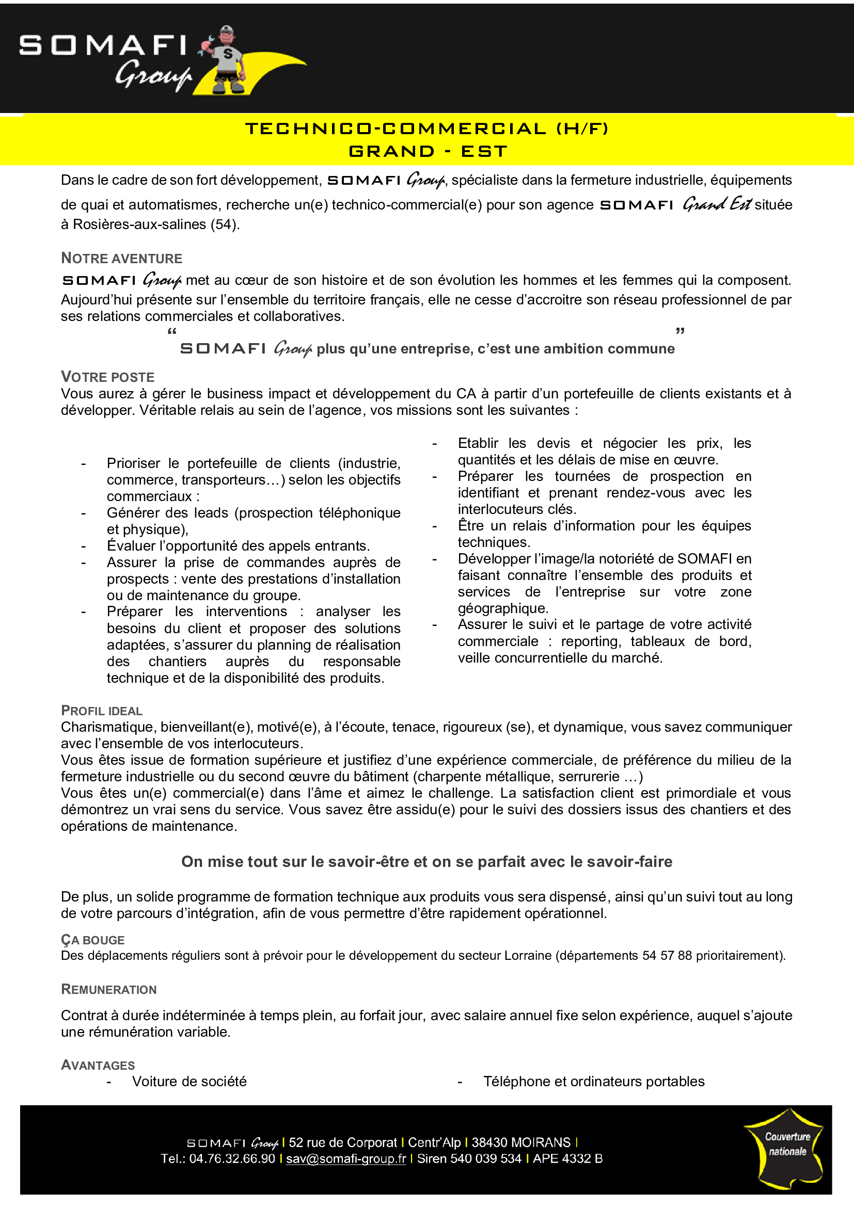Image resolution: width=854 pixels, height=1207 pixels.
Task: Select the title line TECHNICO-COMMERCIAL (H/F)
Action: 426,129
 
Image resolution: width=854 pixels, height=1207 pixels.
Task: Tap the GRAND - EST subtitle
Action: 428,151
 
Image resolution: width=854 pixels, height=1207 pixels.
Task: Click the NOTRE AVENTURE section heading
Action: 121,258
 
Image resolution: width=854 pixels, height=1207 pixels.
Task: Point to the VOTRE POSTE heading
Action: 107,377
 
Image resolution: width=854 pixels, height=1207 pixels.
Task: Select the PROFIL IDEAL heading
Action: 102,711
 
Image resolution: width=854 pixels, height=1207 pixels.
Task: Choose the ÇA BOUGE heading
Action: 92,940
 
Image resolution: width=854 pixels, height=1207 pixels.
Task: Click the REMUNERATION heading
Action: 109,989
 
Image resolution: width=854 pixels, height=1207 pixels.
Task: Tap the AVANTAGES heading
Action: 98,1065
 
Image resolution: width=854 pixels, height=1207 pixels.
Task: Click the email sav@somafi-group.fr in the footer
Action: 345,1158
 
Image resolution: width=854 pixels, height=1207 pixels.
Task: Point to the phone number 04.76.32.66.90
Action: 232,1158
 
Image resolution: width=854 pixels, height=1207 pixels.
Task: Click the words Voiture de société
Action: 189,1082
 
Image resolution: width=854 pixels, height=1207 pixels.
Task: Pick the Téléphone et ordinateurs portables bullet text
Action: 594,1082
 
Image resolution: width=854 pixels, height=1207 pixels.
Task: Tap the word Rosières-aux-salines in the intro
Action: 139,224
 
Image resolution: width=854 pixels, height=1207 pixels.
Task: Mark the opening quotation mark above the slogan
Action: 172,332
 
